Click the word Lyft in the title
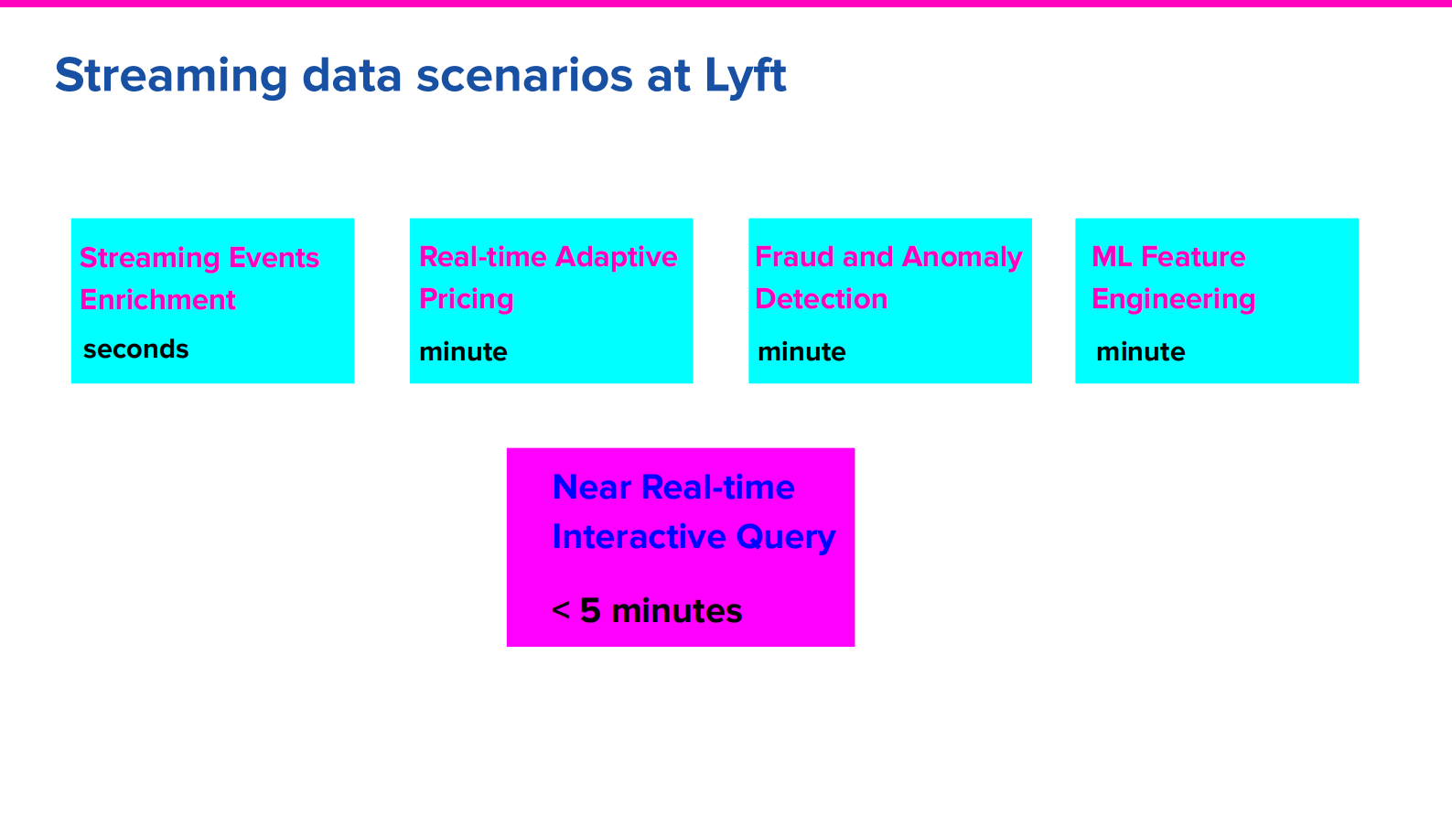click(745, 75)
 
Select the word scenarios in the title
click(524, 75)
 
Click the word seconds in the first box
click(136, 349)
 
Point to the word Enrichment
click(157, 300)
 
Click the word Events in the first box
click(274, 258)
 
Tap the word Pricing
click(466, 299)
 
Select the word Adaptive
click(616, 257)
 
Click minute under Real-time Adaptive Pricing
click(463, 352)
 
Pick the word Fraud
click(794, 257)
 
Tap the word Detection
click(821, 299)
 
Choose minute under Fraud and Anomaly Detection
click(801, 352)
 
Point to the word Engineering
click(1173, 299)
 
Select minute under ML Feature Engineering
click(1140, 352)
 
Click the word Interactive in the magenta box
click(639, 537)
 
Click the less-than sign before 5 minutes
click(561, 610)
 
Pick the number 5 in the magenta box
click(590, 611)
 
